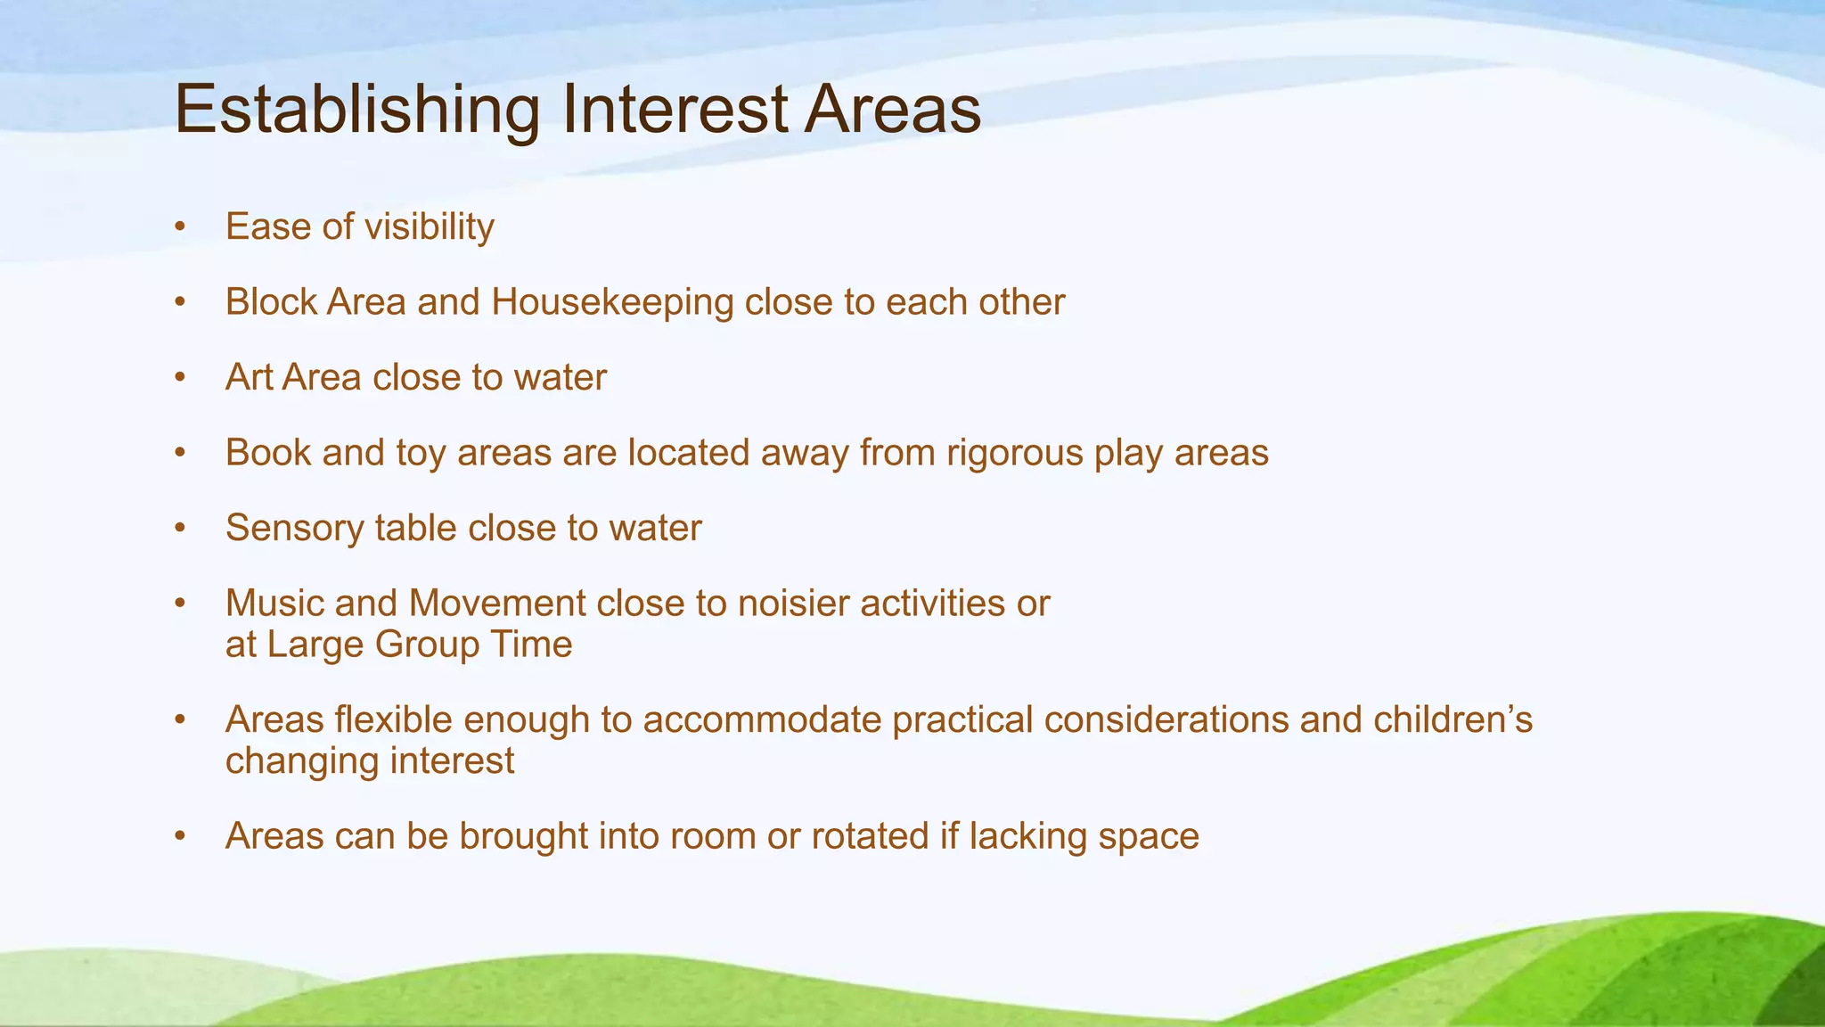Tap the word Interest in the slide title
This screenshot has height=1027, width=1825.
675,111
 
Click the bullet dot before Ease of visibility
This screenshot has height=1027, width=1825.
180,227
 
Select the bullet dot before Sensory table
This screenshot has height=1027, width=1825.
180,529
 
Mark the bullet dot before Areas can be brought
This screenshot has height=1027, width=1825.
180,837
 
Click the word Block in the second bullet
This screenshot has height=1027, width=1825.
271,303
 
